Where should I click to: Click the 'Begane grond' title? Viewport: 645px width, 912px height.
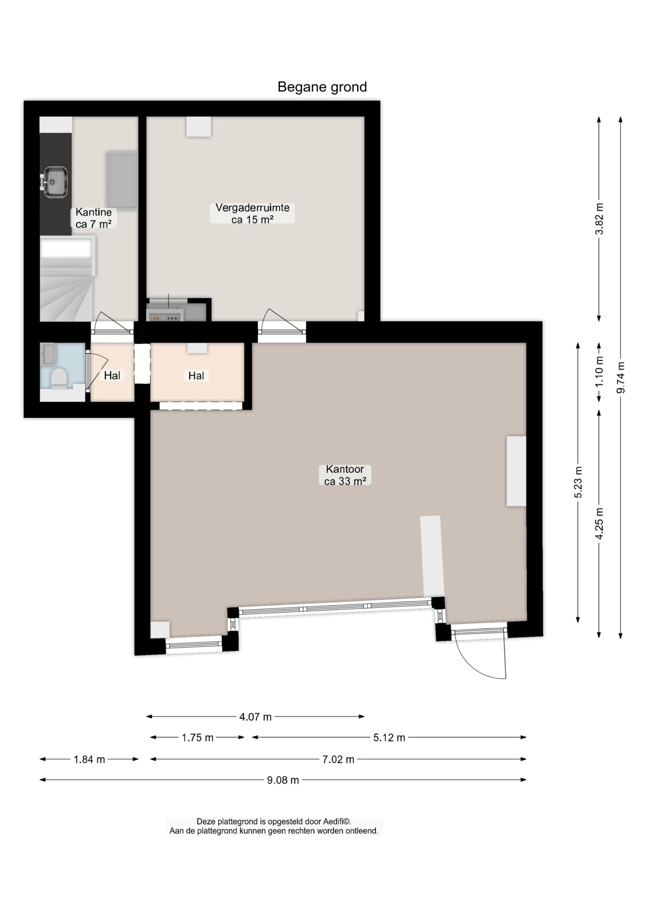(322, 87)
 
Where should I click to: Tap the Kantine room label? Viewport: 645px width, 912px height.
(93, 218)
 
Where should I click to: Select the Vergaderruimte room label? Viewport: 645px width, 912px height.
(252, 213)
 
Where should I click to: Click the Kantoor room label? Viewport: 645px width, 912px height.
(345, 475)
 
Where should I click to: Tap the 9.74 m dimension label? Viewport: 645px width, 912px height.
(620, 378)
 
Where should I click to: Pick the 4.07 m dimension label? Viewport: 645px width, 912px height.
(255, 716)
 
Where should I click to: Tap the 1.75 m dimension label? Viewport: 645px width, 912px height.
(198, 737)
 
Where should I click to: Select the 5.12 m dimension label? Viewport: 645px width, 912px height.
(389, 737)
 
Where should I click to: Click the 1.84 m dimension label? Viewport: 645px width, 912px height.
(89, 760)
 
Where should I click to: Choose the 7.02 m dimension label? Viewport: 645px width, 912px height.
(338, 760)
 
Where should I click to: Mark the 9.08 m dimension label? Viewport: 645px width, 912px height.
(283, 780)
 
